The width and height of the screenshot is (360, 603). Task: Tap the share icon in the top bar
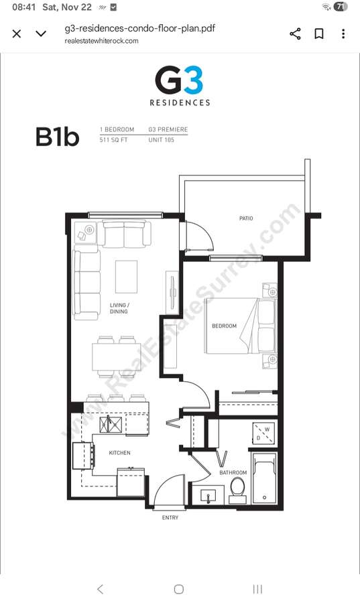pyautogui.click(x=295, y=34)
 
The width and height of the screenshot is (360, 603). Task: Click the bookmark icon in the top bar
pyautogui.click(x=319, y=34)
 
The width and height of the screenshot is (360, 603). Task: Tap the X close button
pyautogui.click(x=17, y=34)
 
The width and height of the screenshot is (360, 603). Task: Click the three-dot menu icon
pyautogui.click(x=343, y=34)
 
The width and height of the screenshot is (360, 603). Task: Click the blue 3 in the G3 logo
pyautogui.click(x=193, y=81)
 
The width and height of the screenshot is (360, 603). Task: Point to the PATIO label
pyautogui.click(x=246, y=218)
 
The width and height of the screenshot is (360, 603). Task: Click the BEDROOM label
pyautogui.click(x=224, y=326)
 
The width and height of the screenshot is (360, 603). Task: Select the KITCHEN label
pyautogui.click(x=119, y=453)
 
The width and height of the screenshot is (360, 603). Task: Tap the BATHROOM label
pyautogui.click(x=233, y=472)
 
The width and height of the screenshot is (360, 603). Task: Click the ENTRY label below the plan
pyautogui.click(x=170, y=518)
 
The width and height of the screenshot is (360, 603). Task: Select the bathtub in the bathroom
pyautogui.click(x=264, y=478)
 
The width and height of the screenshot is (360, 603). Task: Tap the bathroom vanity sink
pyautogui.click(x=208, y=495)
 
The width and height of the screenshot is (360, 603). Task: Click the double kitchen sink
pyautogui.click(x=111, y=425)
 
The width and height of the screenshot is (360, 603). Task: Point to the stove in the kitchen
pyautogui.click(x=83, y=456)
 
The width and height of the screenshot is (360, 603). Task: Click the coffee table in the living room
pyautogui.click(x=126, y=277)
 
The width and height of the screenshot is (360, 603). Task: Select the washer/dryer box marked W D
pyautogui.click(x=264, y=433)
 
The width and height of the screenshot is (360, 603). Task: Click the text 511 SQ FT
pyautogui.click(x=113, y=140)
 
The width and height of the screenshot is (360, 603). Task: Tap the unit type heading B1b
pyautogui.click(x=57, y=137)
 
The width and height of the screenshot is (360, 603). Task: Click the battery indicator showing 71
pyautogui.click(x=340, y=7)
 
